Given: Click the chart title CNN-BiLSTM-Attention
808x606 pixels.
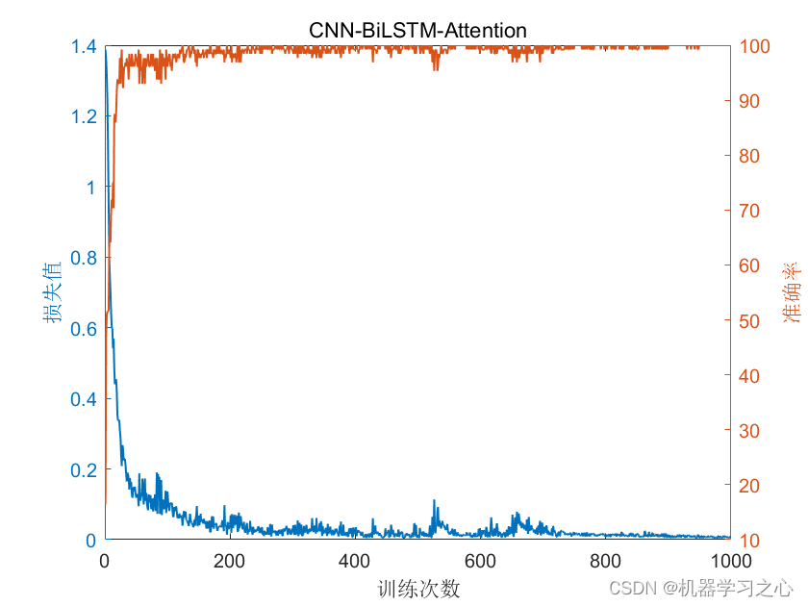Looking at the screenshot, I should pyautogui.click(x=417, y=30).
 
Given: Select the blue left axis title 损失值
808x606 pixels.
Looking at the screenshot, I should pyautogui.click(x=53, y=292).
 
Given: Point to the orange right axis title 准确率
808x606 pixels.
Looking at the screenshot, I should pyautogui.click(x=791, y=292).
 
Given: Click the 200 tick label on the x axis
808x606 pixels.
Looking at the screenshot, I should pyautogui.click(x=230, y=562).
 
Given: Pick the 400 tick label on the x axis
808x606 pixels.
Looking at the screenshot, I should pyautogui.click(x=355, y=562).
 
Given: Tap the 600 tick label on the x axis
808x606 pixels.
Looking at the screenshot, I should pyautogui.click(x=480, y=562).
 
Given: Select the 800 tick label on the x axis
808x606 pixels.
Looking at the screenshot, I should pyautogui.click(x=605, y=562).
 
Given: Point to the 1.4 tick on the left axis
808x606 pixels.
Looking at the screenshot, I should pyautogui.click(x=84, y=46).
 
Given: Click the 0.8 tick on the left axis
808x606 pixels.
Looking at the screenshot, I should pyautogui.click(x=84, y=258).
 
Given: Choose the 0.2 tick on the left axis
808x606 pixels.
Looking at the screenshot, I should pyautogui.click(x=84, y=469).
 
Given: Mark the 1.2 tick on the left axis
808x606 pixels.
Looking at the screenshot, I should pyautogui.click(x=84, y=116).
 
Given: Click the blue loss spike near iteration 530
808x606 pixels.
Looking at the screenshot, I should pyautogui.click(x=435, y=502).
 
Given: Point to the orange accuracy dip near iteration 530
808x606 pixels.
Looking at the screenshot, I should pyautogui.click(x=436, y=67).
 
